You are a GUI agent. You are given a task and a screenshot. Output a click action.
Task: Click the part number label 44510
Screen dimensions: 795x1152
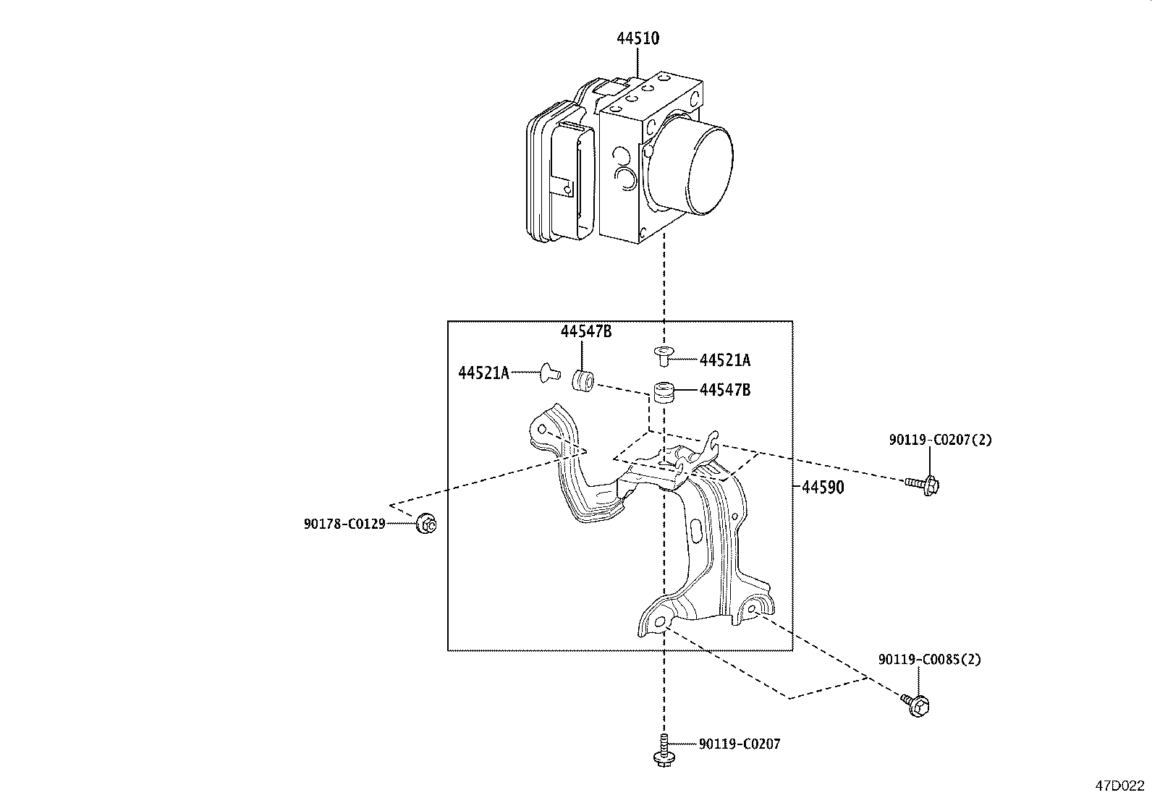point(638,39)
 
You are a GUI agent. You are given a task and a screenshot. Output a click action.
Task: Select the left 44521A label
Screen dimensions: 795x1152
point(483,373)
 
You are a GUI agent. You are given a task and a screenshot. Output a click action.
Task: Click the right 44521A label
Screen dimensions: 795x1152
point(725,360)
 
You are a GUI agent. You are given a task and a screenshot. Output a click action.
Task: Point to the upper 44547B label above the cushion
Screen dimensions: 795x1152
point(586,331)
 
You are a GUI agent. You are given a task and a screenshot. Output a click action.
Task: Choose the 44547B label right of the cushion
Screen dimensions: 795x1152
point(725,391)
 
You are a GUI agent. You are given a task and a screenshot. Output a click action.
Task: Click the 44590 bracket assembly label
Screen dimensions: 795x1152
point(823,488)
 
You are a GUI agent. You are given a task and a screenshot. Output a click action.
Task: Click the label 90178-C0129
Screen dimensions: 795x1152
point(344,523)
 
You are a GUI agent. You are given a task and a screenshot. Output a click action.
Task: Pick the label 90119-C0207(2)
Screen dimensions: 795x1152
point(941,439)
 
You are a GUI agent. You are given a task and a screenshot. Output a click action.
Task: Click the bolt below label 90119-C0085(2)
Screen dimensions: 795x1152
point(916,704)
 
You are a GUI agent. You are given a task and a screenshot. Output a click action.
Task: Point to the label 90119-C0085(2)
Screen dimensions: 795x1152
point(930,660)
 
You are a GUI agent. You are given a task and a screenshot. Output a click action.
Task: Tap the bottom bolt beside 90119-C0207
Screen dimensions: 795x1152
point(663,749)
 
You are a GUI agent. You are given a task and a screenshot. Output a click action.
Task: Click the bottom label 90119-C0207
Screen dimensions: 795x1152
point(740,744)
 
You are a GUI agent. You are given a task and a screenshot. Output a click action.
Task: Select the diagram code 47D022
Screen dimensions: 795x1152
point(1119,786)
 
